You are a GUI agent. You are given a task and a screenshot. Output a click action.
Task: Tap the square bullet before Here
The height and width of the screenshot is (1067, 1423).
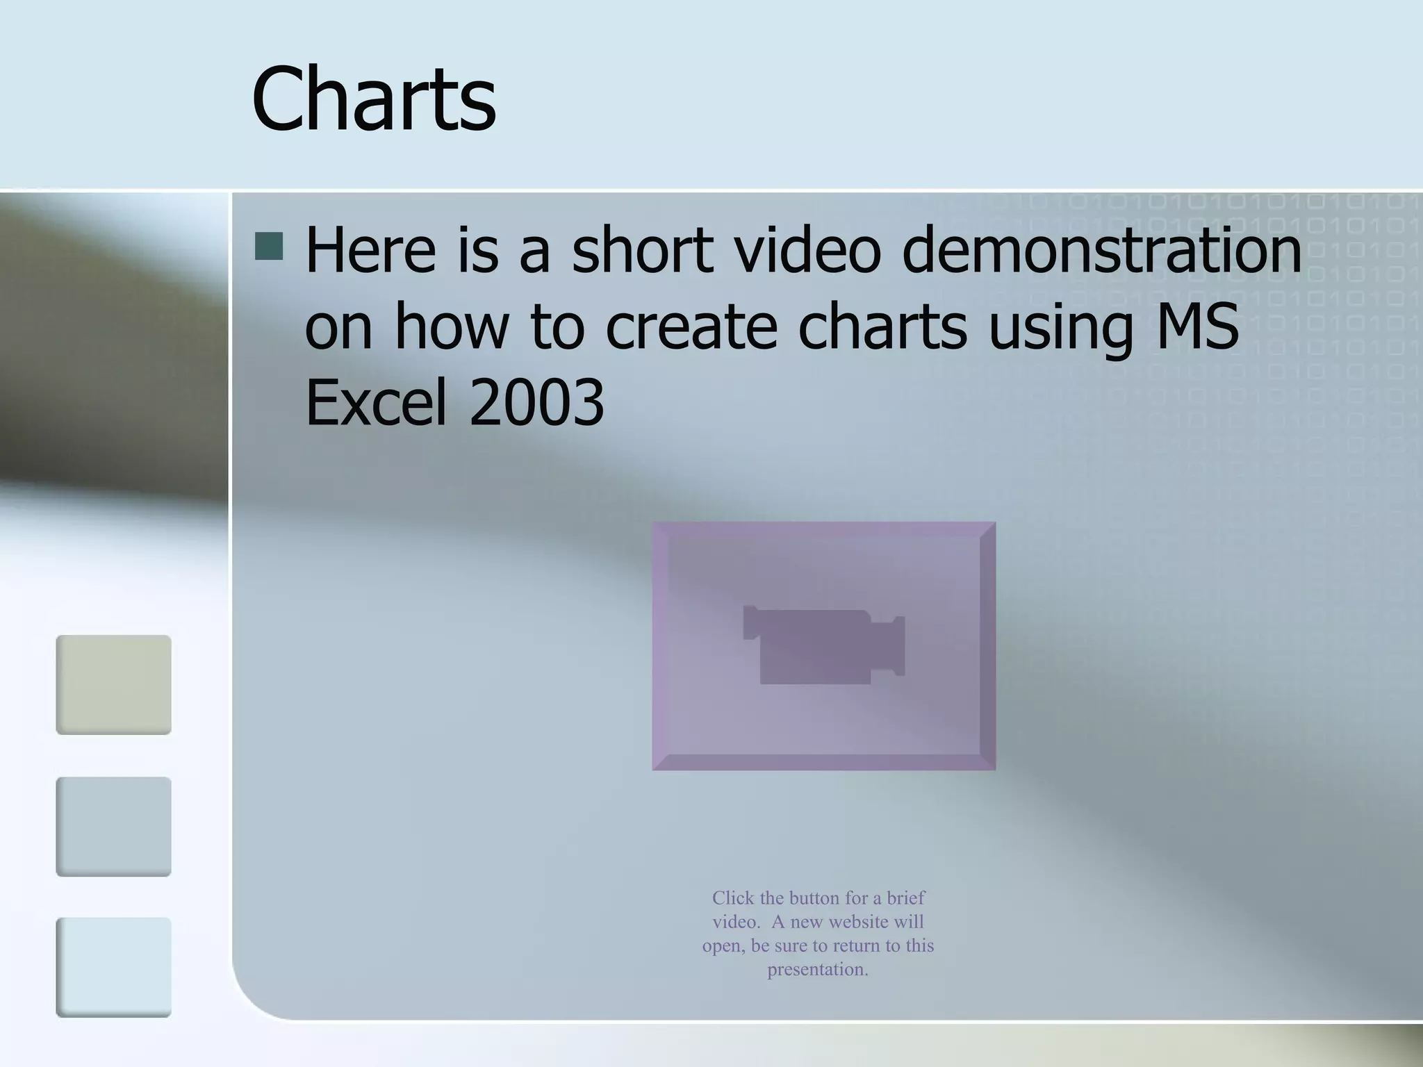tap(269, 246)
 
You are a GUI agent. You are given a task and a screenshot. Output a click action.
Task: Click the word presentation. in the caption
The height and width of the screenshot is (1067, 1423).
tap(818, 970)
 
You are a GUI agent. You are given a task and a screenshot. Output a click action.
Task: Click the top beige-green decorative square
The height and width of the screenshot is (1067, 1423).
tap(113, 685)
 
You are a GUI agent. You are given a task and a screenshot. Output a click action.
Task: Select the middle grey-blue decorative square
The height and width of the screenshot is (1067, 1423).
tap(113, 827)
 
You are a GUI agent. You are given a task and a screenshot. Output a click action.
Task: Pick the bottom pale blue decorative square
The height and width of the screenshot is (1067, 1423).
tap(113, 968)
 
